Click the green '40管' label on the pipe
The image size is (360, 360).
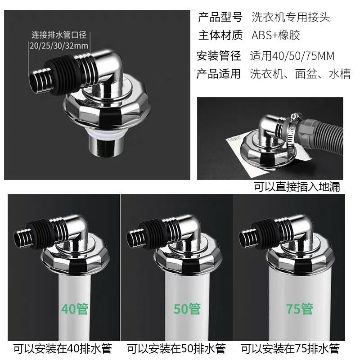coord(75,309)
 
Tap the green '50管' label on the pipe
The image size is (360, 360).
coord(187,309)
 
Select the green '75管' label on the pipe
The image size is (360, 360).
coord(299,309)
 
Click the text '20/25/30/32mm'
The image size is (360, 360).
coord(59,46)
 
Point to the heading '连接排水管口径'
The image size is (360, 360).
coord(59,35)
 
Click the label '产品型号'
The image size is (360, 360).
coord(220,17)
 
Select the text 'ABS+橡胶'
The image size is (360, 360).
coord(276,35)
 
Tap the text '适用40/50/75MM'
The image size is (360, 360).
coord(292,56)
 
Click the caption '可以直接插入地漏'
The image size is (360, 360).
coord(297,187)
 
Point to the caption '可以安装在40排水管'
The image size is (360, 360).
coord(63,349)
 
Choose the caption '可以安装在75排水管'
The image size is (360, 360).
coord(290,349)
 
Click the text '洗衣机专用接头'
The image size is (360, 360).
coord(291,17)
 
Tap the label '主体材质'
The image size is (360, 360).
coord(220,35)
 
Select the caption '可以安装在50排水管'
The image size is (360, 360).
coord(176,349)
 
